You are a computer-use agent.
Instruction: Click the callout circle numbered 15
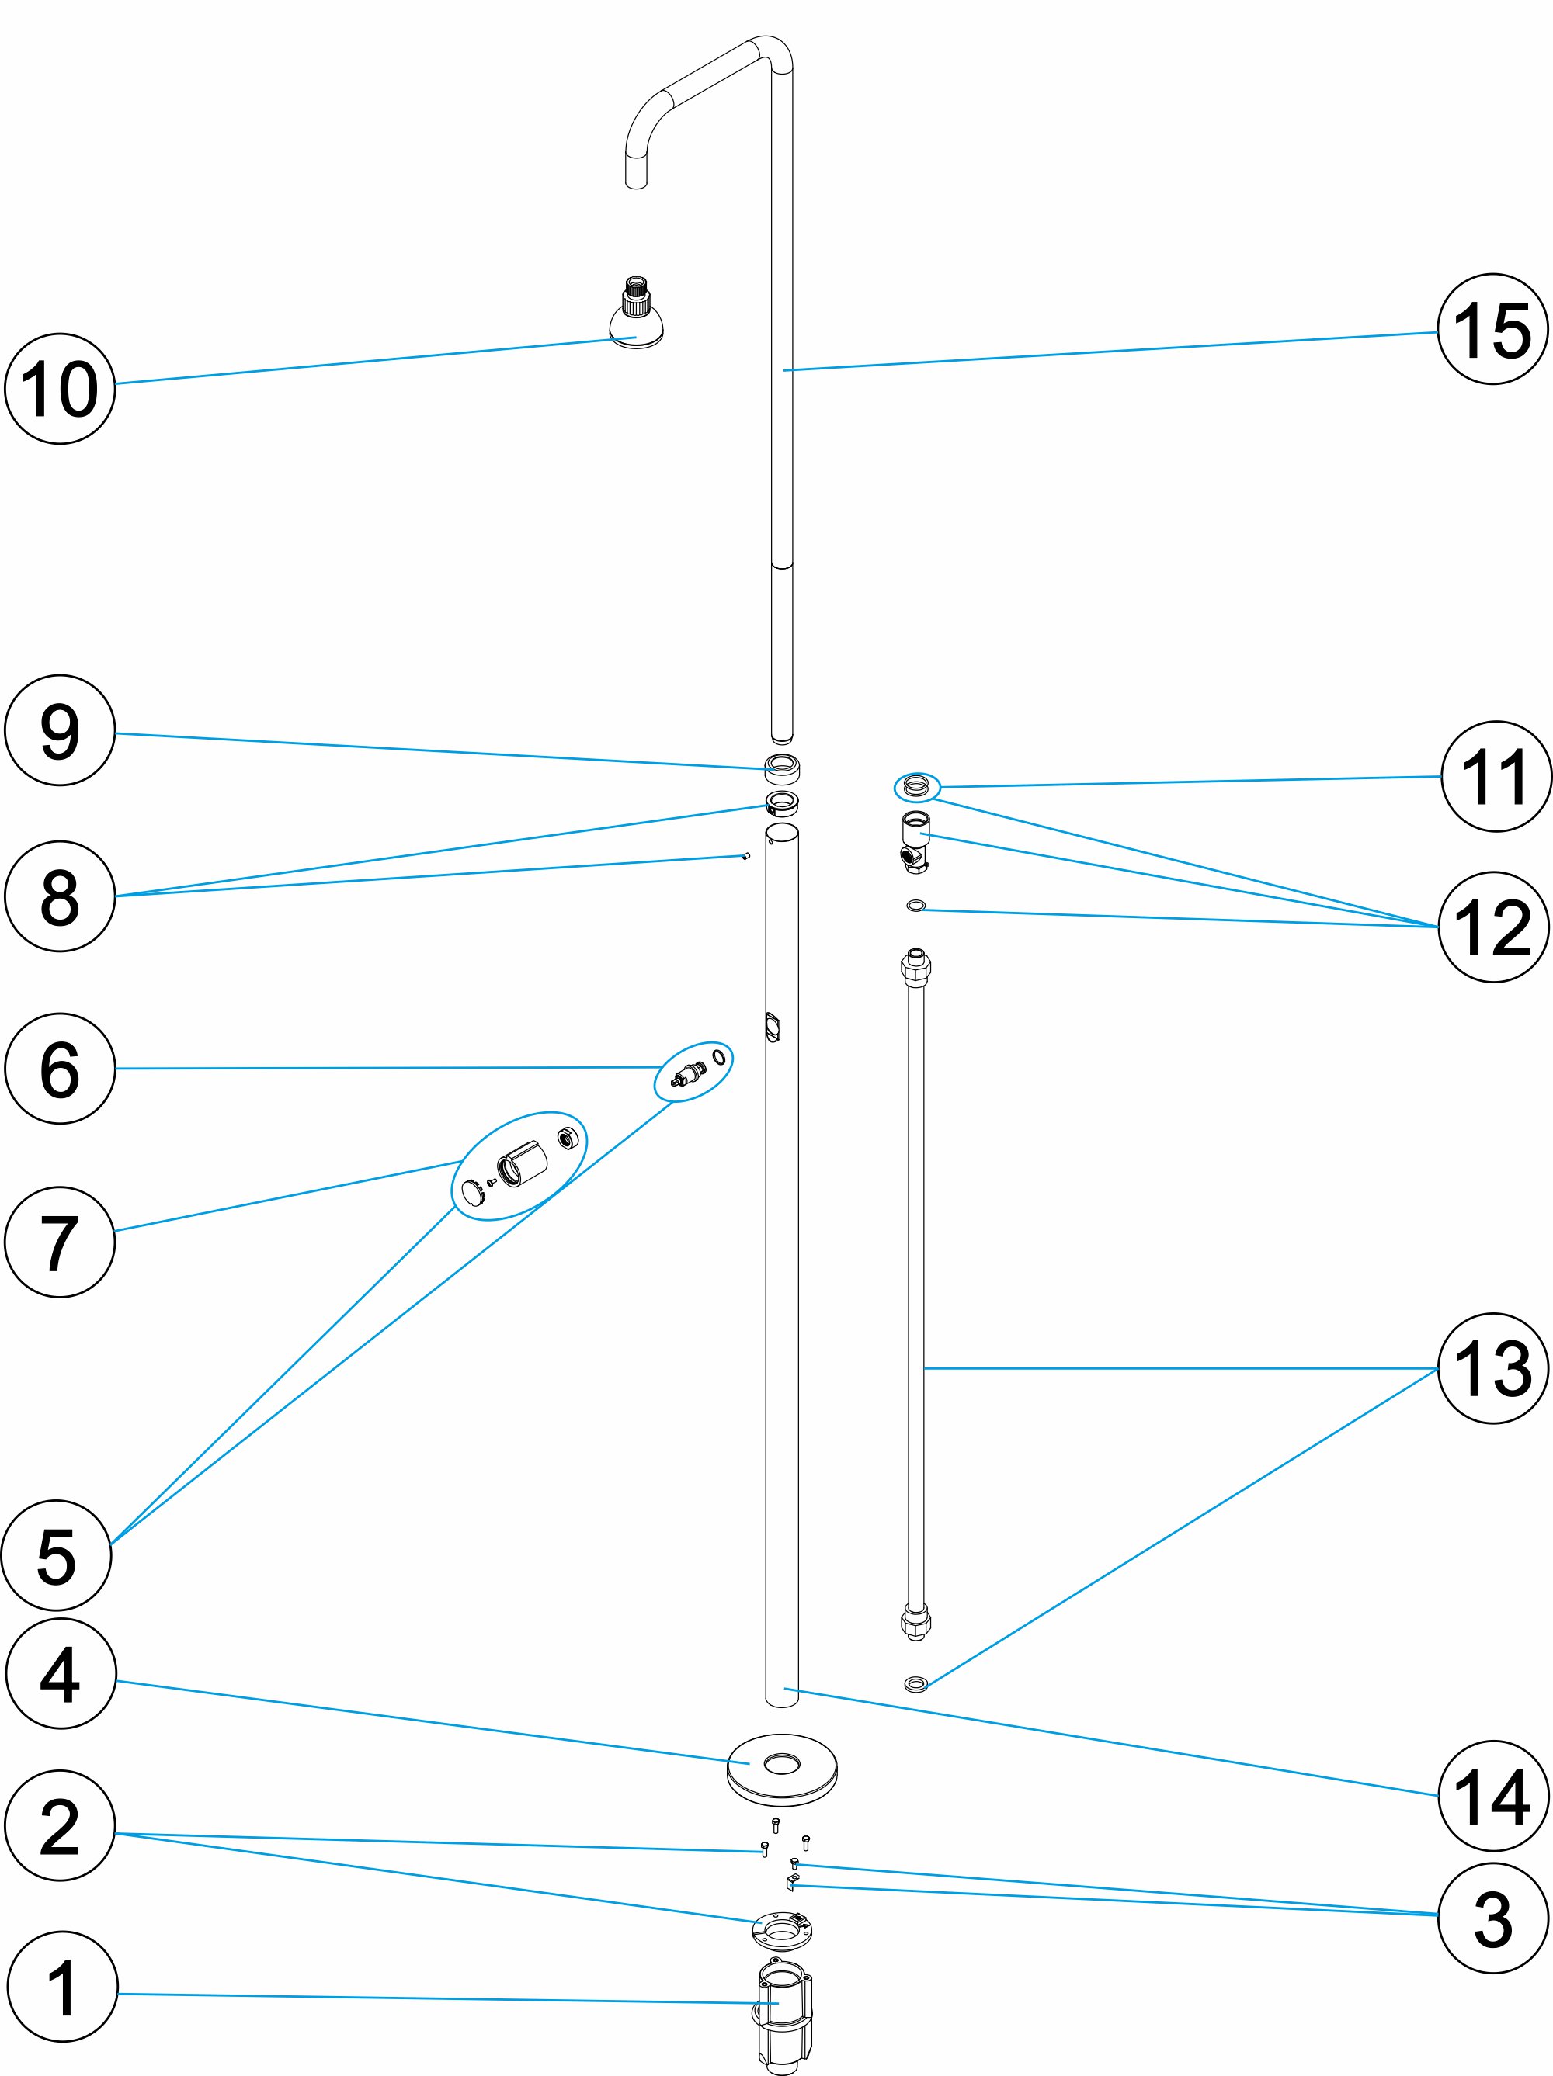pyautogui.click(x=1492, y=329)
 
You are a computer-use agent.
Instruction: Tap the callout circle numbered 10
pyautogui.click(x=59, y=389)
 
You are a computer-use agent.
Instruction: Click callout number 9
pyautogui.click(x=59, y=730)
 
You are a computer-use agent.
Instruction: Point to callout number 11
pyautogui.click(x=1496, y=776)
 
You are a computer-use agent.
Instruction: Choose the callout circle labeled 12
pyautogui.click(x=1492, y=927)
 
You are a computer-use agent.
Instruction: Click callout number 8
pyautogui.click(x=59, y=896)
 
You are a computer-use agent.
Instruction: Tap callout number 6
pyautogui.click(x=59, y=1068)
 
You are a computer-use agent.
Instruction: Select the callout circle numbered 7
pyautogui.click(x=59, y=1242)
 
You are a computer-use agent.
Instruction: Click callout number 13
pyautogui.click(x=1492, y=1368)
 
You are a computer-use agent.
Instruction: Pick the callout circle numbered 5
pyautogui.click(x=57, y=1556)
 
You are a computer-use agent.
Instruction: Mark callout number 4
pyautogui.click(x=60, y=1673)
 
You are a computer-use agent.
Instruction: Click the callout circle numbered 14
pyautogui.click(x=1492, y=1797)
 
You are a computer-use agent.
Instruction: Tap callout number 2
pyautogui.click(x=59, y=1825)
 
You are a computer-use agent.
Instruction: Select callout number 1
pyautogui.click(x=62, y=1987)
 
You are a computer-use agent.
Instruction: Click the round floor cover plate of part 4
pyautogui.click(x=781, y=1767)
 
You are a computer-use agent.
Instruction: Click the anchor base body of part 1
pyautogui.click(x=783, y=2008)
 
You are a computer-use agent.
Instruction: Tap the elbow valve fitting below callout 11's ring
pyautogui.click(x=915, y=842)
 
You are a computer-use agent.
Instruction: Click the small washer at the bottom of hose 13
pyautogui.click(x=915, y=1684)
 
